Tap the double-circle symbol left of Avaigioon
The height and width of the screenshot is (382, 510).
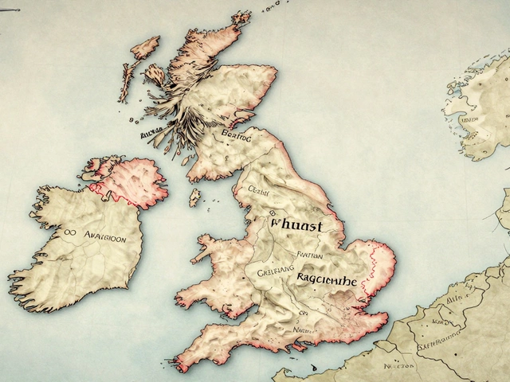69,233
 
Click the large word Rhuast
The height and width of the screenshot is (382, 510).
296,226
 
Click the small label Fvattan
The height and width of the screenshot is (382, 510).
308,255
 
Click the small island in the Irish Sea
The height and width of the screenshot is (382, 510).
194,197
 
